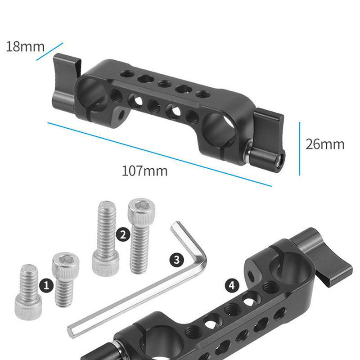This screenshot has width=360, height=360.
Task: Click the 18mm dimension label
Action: click(x=25, y=47)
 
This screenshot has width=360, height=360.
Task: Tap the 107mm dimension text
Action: click(x=144, y=171)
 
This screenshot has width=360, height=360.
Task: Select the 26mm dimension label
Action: click(x=325, y=144)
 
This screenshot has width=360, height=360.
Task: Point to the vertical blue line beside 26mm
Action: click(x=300, y=149)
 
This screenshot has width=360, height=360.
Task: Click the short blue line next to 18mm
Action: click(x=49, y=52)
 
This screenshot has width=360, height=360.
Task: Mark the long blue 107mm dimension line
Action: click(x=160, y=154)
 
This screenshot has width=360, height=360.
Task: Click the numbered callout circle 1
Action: click(x=46, y=286)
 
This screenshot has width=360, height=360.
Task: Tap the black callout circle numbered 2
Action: click(x=123, y=234)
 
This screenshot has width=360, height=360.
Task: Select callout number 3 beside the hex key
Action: click(x=177, y=261)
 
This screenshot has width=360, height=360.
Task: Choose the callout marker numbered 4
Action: click(x=232, y=286)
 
